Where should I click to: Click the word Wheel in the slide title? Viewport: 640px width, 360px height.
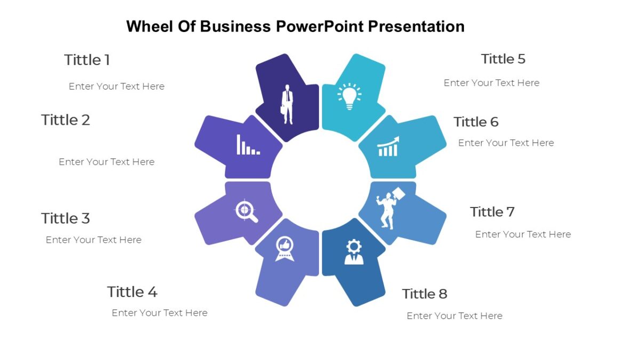pos(150,26)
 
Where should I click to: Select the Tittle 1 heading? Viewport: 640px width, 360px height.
pos(87,60)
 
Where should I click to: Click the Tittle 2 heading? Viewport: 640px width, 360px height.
pos(66,120)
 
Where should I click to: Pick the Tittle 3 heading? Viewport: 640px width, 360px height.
pos(66,218)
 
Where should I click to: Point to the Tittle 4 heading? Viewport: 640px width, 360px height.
pos(132,292)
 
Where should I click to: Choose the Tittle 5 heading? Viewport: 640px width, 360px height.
pos(503,59)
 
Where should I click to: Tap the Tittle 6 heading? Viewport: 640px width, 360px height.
pos(476,122)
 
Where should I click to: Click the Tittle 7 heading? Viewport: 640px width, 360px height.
pos(492,212)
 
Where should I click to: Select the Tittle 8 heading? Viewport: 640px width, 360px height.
pos(425,293)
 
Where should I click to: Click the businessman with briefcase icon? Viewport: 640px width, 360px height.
pos(288,103)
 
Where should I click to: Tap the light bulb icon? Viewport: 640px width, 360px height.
pos(349,96)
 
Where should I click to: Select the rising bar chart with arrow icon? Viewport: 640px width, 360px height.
pos(388,147)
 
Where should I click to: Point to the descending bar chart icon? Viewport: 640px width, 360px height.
pos(248,145)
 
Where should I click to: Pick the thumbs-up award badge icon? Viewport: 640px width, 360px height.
pos(284,249)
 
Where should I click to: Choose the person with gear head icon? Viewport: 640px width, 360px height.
pos(354,252)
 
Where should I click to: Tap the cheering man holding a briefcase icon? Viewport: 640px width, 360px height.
pos(390,207)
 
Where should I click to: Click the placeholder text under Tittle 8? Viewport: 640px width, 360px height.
pos(454,316)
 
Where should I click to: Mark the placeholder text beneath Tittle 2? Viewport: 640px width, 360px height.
pos(107,162)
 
